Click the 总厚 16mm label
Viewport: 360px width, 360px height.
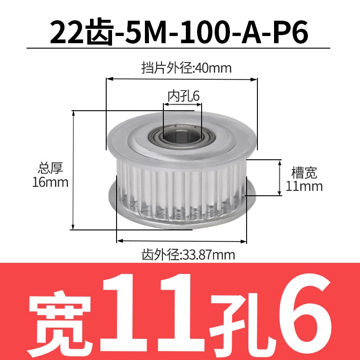pos(50,175)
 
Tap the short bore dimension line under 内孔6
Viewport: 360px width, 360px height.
pos(182,104)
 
